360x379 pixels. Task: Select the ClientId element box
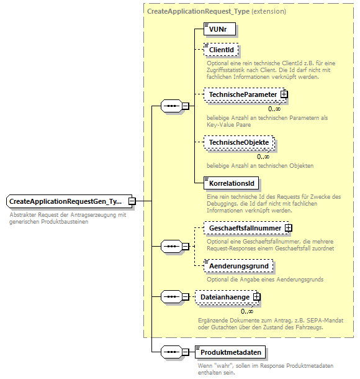coord(222,50)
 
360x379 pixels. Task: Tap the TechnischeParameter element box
coord(243,94)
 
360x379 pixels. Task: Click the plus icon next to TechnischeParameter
coord(284,94)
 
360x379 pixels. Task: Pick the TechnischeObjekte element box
coord(239,142)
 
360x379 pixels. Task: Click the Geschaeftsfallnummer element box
coord(245,228)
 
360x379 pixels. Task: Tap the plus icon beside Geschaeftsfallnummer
coord(289,228)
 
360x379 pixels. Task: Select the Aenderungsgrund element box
coord(238,266)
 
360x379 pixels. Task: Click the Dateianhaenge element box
coord(225,297)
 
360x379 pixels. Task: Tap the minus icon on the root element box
coord(132,201)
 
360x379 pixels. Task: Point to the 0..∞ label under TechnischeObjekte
coord(263,157)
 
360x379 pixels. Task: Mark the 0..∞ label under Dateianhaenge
coord(247,311)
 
